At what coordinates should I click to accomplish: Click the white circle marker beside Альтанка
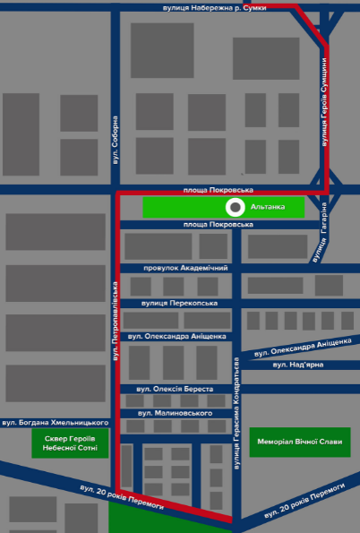coord(236,207)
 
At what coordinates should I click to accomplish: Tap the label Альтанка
coord(268,207)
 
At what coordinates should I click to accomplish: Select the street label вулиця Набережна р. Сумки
coord(215,8)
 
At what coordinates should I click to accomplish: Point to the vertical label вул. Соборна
coord(116,141)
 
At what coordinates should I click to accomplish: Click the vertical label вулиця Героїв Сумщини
coord(325,102)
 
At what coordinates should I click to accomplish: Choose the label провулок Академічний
coord(185,268)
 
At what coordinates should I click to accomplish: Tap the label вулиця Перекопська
coord(179,303)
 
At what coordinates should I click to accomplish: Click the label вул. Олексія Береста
coord(175,389)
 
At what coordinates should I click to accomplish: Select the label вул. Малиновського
coord(175,413)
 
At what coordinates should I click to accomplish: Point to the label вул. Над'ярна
coord(298,365)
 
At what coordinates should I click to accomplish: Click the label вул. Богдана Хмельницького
coord(56,423)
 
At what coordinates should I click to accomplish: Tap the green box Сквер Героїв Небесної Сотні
coord(70,443)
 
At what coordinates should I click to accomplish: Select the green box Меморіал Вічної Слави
coord(300,442)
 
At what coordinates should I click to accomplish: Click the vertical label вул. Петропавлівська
coord(116,321)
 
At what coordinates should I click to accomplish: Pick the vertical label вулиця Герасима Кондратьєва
coord(236,413)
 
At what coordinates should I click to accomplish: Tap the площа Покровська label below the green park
coord(219,224)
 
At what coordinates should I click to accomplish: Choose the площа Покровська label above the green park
coord(219,190)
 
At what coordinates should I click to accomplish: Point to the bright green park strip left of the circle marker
coord(184,207)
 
